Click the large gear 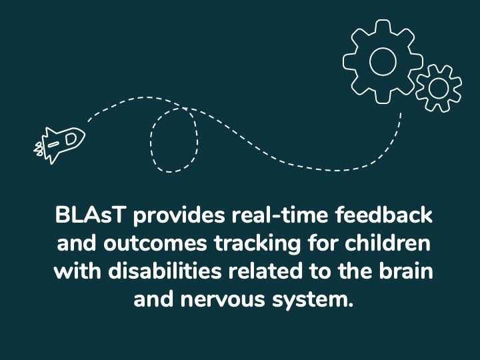(x=382, y=61)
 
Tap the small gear (x=438, y=87)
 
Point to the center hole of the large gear (x=382, y=61)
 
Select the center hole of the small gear (x=438, y=87)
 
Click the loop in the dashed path (x=174, y=140)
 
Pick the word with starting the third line (x=73, y=272)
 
